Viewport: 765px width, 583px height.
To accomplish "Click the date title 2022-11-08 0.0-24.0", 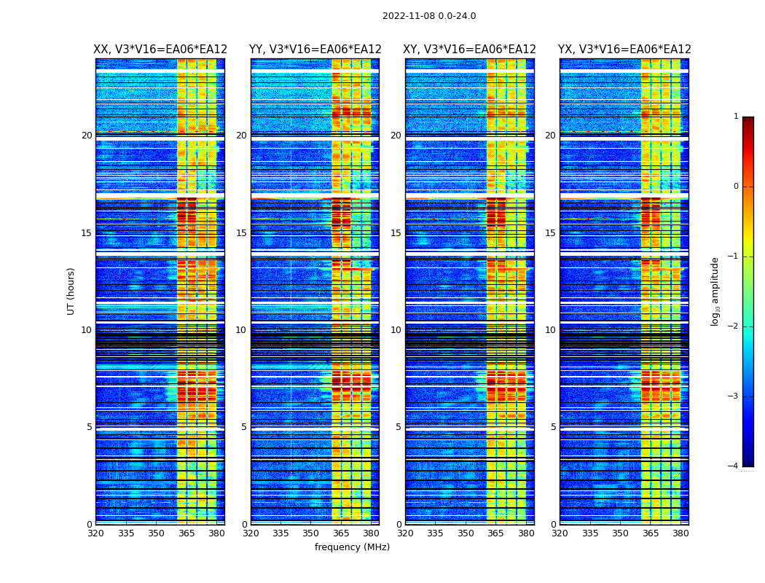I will coord(429,16).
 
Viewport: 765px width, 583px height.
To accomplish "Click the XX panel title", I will coord(160,50).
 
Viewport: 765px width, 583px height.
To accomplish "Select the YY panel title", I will coord(315,50).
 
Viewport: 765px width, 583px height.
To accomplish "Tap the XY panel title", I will coord(470,50).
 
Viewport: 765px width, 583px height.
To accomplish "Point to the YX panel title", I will coord(624,50).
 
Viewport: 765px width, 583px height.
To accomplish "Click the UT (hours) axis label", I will coord(71,291).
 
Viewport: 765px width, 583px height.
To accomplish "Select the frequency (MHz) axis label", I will coord(352,547).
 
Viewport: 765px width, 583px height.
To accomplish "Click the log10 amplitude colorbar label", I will coord(715,291).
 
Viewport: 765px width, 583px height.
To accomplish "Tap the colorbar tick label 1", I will coord(735,117).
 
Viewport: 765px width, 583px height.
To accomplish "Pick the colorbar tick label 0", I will coord(735,187).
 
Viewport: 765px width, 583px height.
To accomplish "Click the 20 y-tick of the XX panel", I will coord(87,136).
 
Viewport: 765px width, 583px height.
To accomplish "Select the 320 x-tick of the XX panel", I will coord(95,533).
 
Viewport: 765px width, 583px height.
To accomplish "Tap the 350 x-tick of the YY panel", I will coord(311,533).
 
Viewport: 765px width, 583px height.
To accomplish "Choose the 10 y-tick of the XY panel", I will coord(396,330).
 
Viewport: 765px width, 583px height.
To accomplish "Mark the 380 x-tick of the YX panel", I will coord(680,533).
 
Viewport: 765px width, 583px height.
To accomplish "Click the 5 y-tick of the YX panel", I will coord(554,427).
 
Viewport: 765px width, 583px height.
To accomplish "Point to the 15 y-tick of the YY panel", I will coord(241,233).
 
